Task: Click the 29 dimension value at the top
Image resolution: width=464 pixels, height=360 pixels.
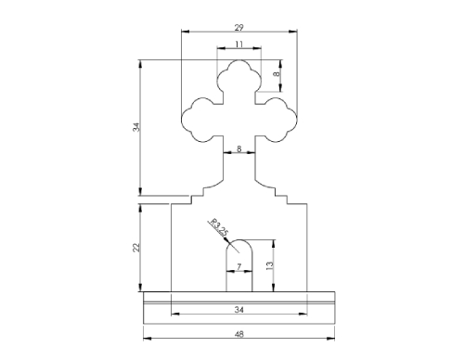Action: click(x=238, y=28)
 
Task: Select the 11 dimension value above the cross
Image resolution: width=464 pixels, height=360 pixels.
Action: click(x=238, y=45)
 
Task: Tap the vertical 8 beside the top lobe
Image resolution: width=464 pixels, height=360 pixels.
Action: click(x=277, y=73)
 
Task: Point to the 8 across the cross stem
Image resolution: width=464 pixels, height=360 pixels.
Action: click(x=238, y=148)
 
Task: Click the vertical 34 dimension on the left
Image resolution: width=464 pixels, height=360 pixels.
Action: click(x=136, y=127)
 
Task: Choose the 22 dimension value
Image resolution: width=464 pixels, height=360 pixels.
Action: click(x=136, y=248)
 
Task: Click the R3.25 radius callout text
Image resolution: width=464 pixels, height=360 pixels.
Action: click(x=219, y=227)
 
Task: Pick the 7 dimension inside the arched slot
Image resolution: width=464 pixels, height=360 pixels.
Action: click(x=238, y=266)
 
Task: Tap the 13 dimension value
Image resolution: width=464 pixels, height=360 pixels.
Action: click(x=270, y=265)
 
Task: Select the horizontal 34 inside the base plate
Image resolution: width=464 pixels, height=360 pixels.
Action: click(x=238, y=310)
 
